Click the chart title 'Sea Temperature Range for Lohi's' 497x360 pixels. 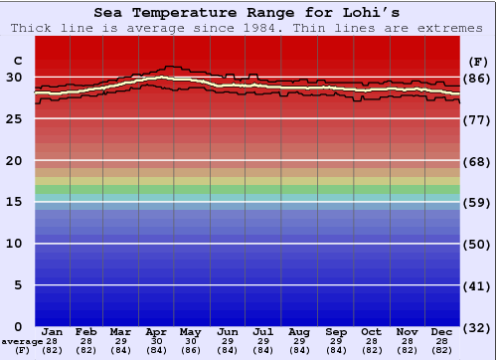[248, 13]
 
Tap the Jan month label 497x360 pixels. [53, 331]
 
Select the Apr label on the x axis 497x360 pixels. [157, 331]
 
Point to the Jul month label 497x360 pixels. [263, 331]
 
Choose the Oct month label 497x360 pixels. [371, 331]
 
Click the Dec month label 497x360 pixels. [442, 331]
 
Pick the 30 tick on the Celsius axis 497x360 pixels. [14, 78]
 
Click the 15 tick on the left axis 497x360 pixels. [14, 202]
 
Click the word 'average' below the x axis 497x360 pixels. [22, 340]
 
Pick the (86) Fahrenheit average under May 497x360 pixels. [192, 350]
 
